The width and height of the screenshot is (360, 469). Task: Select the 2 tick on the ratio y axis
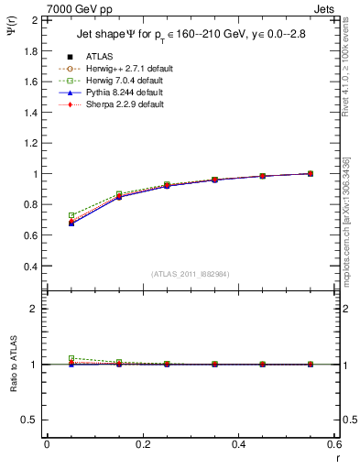pyautogui.click(x=35, y=309)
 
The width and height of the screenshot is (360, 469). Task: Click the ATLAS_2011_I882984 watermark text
pyautogui.click(x=190, y=274)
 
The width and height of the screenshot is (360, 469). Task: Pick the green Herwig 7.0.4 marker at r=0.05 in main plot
pyautogui.click(x=71, y=215)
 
